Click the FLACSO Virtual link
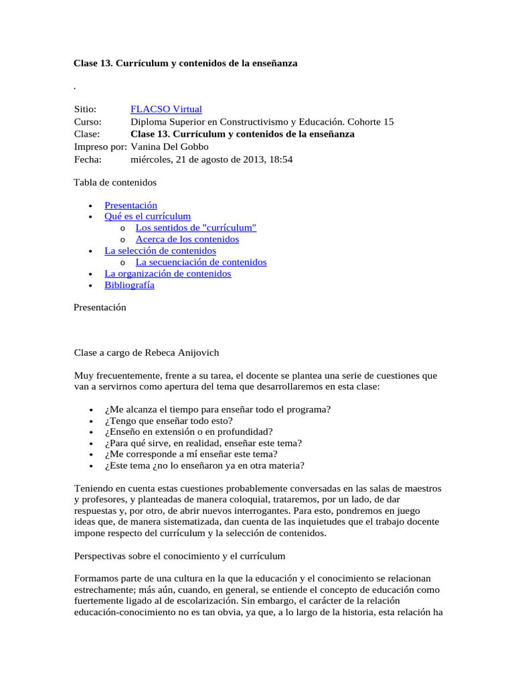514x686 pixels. tap(166, 109)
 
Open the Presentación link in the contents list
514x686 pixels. tap(131, 206)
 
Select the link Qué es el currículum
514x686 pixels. tap(147, 216)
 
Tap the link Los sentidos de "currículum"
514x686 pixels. tap(196, 228)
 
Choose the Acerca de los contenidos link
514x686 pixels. tap(187, 239)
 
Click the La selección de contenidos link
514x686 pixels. tap(160, 251)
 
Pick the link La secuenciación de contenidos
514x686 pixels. tap(201, 262)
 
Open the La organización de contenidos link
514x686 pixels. tap(167, 273)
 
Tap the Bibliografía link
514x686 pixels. tap(129, 285)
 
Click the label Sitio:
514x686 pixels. tap(85, 109)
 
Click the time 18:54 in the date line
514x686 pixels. tap(279, 159)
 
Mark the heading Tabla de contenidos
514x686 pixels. tap(114, 182)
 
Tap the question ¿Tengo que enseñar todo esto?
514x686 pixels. tap(168, 421)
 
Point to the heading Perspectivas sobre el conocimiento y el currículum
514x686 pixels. tap(179, 556)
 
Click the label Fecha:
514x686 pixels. tap(88, 159)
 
